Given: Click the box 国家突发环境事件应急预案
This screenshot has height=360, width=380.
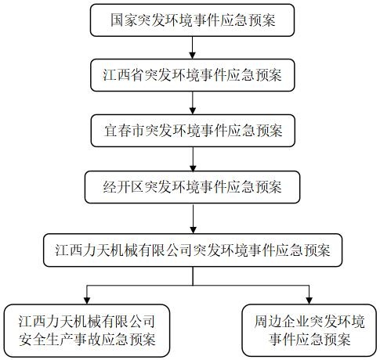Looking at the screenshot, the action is (192, 20).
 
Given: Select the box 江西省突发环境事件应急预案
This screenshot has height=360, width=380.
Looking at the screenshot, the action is (193, 75).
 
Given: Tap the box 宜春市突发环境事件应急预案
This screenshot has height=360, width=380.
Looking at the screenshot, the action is (193, 131).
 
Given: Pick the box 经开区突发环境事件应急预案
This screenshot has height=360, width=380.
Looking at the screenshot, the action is (192, 187).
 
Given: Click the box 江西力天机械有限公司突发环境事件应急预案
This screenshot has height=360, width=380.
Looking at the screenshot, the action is (193, 250).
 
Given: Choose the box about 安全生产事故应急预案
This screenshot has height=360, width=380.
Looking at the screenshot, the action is (87, 330).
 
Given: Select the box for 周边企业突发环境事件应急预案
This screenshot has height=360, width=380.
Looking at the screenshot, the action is (309, 330).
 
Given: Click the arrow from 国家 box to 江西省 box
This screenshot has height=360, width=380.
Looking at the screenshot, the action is (193, 48).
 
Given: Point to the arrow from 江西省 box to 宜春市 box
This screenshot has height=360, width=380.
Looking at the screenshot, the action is (193, 103).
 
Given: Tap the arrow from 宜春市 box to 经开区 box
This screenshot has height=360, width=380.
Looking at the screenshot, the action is (193, 159).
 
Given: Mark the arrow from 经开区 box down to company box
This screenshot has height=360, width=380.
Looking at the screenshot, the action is (193, 218).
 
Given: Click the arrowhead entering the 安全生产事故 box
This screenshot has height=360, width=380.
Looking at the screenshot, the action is (87, 301).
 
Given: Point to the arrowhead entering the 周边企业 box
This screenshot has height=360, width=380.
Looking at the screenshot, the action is (309, 301).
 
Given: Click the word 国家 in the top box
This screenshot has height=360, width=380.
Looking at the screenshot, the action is (123, 20).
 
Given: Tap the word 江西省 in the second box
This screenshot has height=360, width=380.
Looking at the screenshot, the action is (123, 75).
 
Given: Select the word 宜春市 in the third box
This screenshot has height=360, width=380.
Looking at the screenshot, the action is (125, 131).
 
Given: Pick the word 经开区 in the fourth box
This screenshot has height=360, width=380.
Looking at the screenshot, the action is (123, 187).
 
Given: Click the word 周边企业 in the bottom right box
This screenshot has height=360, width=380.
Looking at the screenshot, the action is (282, 322).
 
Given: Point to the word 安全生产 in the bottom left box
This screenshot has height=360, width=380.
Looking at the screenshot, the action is (46, 340).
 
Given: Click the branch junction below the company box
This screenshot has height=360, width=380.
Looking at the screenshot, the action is (193, 286).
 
